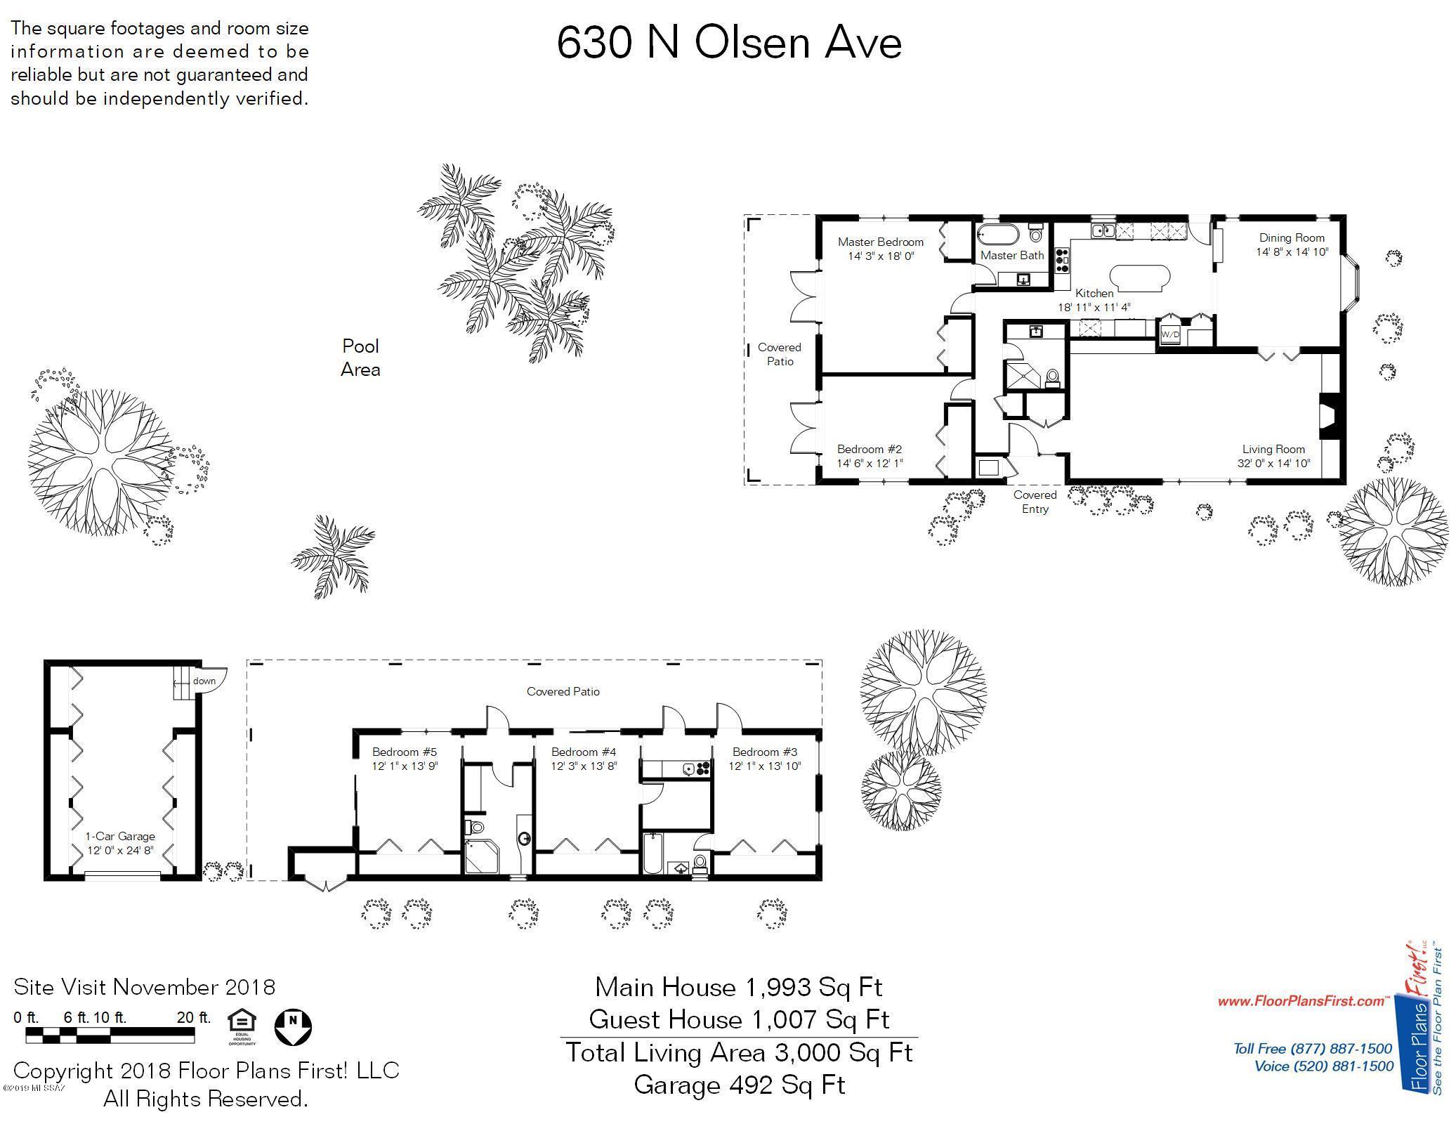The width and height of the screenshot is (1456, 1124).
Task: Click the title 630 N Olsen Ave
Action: point(729,43)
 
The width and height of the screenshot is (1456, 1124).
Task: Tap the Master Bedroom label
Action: point(881,242)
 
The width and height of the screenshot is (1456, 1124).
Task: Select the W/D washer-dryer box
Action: point(1169,334)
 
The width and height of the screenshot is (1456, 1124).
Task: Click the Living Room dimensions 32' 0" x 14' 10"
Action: point(1273,464)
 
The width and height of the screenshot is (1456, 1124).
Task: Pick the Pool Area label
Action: point(360,358)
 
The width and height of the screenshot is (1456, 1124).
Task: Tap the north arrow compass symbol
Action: point(293,1027)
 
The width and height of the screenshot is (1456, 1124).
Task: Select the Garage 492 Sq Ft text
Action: point(739,1085)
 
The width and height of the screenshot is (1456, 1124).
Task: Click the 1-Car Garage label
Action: point(120,836)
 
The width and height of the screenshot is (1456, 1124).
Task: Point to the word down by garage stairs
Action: point(204,681)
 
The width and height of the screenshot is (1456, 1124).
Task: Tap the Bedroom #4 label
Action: point(584,752)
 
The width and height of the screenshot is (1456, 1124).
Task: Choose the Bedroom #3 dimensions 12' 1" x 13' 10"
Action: point(765,766)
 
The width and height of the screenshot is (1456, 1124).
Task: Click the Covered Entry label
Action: point(1035,502)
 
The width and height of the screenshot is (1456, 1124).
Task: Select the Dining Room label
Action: point(1292,237)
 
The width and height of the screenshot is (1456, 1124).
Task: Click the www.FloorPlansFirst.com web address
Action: point(1304,1001)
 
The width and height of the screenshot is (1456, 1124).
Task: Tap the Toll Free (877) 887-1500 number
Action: point(1313,1049)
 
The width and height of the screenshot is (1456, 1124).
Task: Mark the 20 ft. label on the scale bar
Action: point(195,1017)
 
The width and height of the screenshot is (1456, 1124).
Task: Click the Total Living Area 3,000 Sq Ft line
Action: point(739,1052)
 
